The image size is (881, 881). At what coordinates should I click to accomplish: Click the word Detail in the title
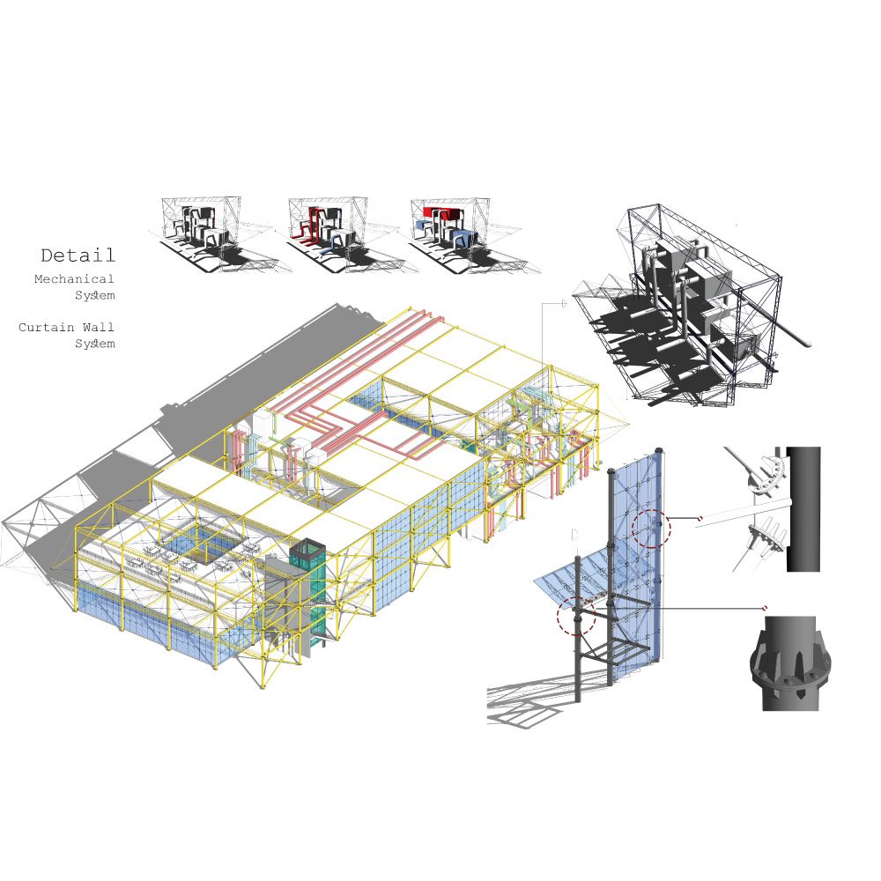(x=78, y=255)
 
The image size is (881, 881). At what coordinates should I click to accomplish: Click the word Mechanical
(x=74, y=278)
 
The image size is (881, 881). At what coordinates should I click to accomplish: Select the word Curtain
(x=46, y=327)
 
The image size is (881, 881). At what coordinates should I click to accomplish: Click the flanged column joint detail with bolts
(x=790, y=664)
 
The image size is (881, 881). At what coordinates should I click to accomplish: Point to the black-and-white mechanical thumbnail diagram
(x=213, y=235)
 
